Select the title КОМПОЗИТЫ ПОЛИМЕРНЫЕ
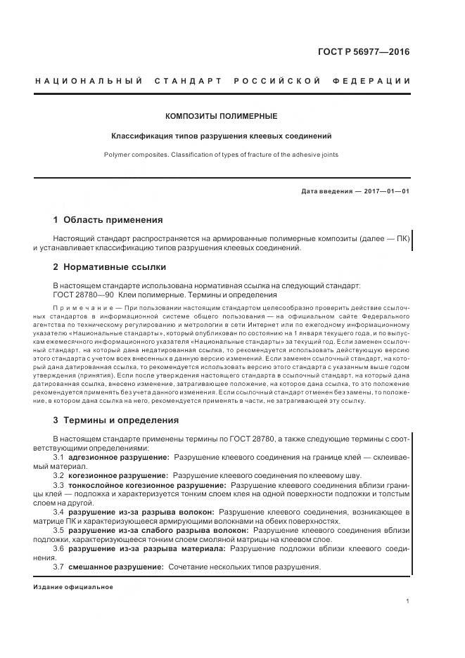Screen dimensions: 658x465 click(x=222, y=116)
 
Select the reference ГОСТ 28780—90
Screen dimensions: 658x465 click(x=84, y=295)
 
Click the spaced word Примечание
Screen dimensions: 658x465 click(x=82, y=309)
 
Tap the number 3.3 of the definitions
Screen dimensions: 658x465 click(x=59, y=485)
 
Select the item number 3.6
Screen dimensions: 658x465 click(x=59, y=548)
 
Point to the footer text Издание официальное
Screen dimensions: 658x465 click(x=73, y=586)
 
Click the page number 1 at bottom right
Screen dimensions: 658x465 click(x=408, y=601)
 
